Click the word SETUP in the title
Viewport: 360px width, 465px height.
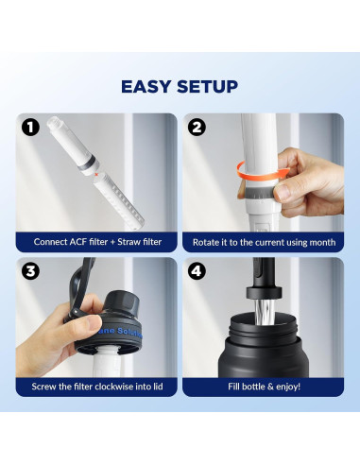tap(207, 87)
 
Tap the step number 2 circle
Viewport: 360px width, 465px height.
tap(197, 127)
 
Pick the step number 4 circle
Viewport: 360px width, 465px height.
tap(197, 270)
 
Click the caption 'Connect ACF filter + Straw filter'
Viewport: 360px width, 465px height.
tap(97, 241)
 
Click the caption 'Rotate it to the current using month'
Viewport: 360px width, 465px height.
tap(263, 241)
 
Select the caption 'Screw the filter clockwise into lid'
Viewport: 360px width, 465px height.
tap(97, 386)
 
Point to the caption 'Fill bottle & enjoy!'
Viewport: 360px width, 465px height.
tap(263, 386)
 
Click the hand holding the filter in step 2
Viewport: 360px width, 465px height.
tap(309, 184)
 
